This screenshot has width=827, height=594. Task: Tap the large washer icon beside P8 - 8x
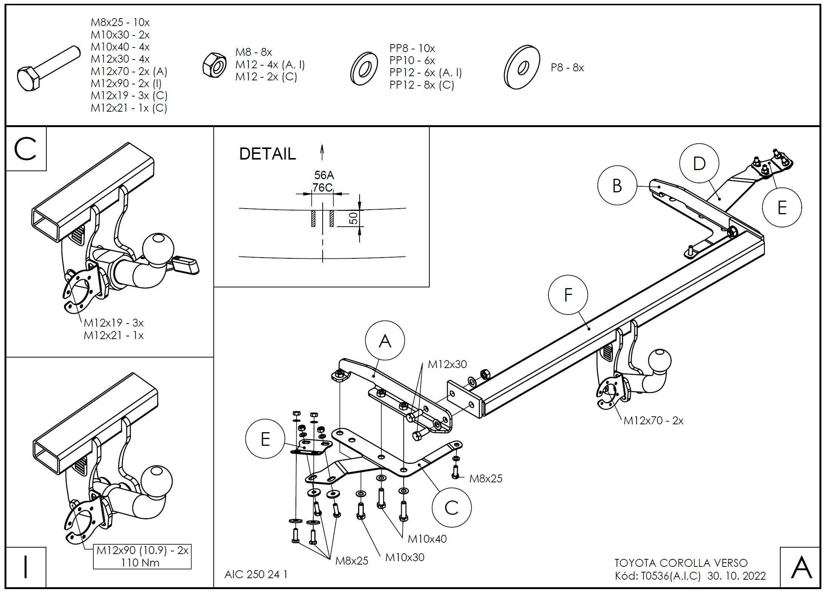(522, 68)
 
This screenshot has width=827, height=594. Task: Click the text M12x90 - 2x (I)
(126, 83)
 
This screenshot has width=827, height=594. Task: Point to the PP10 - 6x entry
(412, 60)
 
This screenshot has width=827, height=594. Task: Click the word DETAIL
(267, 154)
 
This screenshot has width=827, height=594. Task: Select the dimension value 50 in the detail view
(354, 218)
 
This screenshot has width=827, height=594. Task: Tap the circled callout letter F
(568, 295)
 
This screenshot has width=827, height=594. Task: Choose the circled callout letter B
(617, 186)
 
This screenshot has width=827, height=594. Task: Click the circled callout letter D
(699, 163)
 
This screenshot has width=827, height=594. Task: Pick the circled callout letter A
(385, 341)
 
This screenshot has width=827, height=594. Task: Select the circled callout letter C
(451, 508)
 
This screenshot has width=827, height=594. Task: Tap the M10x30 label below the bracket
(404, 557)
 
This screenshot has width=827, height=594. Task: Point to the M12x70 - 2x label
(653, 421)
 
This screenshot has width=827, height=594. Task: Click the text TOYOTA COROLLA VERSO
(681, 563)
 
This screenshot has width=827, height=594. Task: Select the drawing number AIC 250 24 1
(256, 574)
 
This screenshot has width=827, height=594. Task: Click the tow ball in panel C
(158, 249)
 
